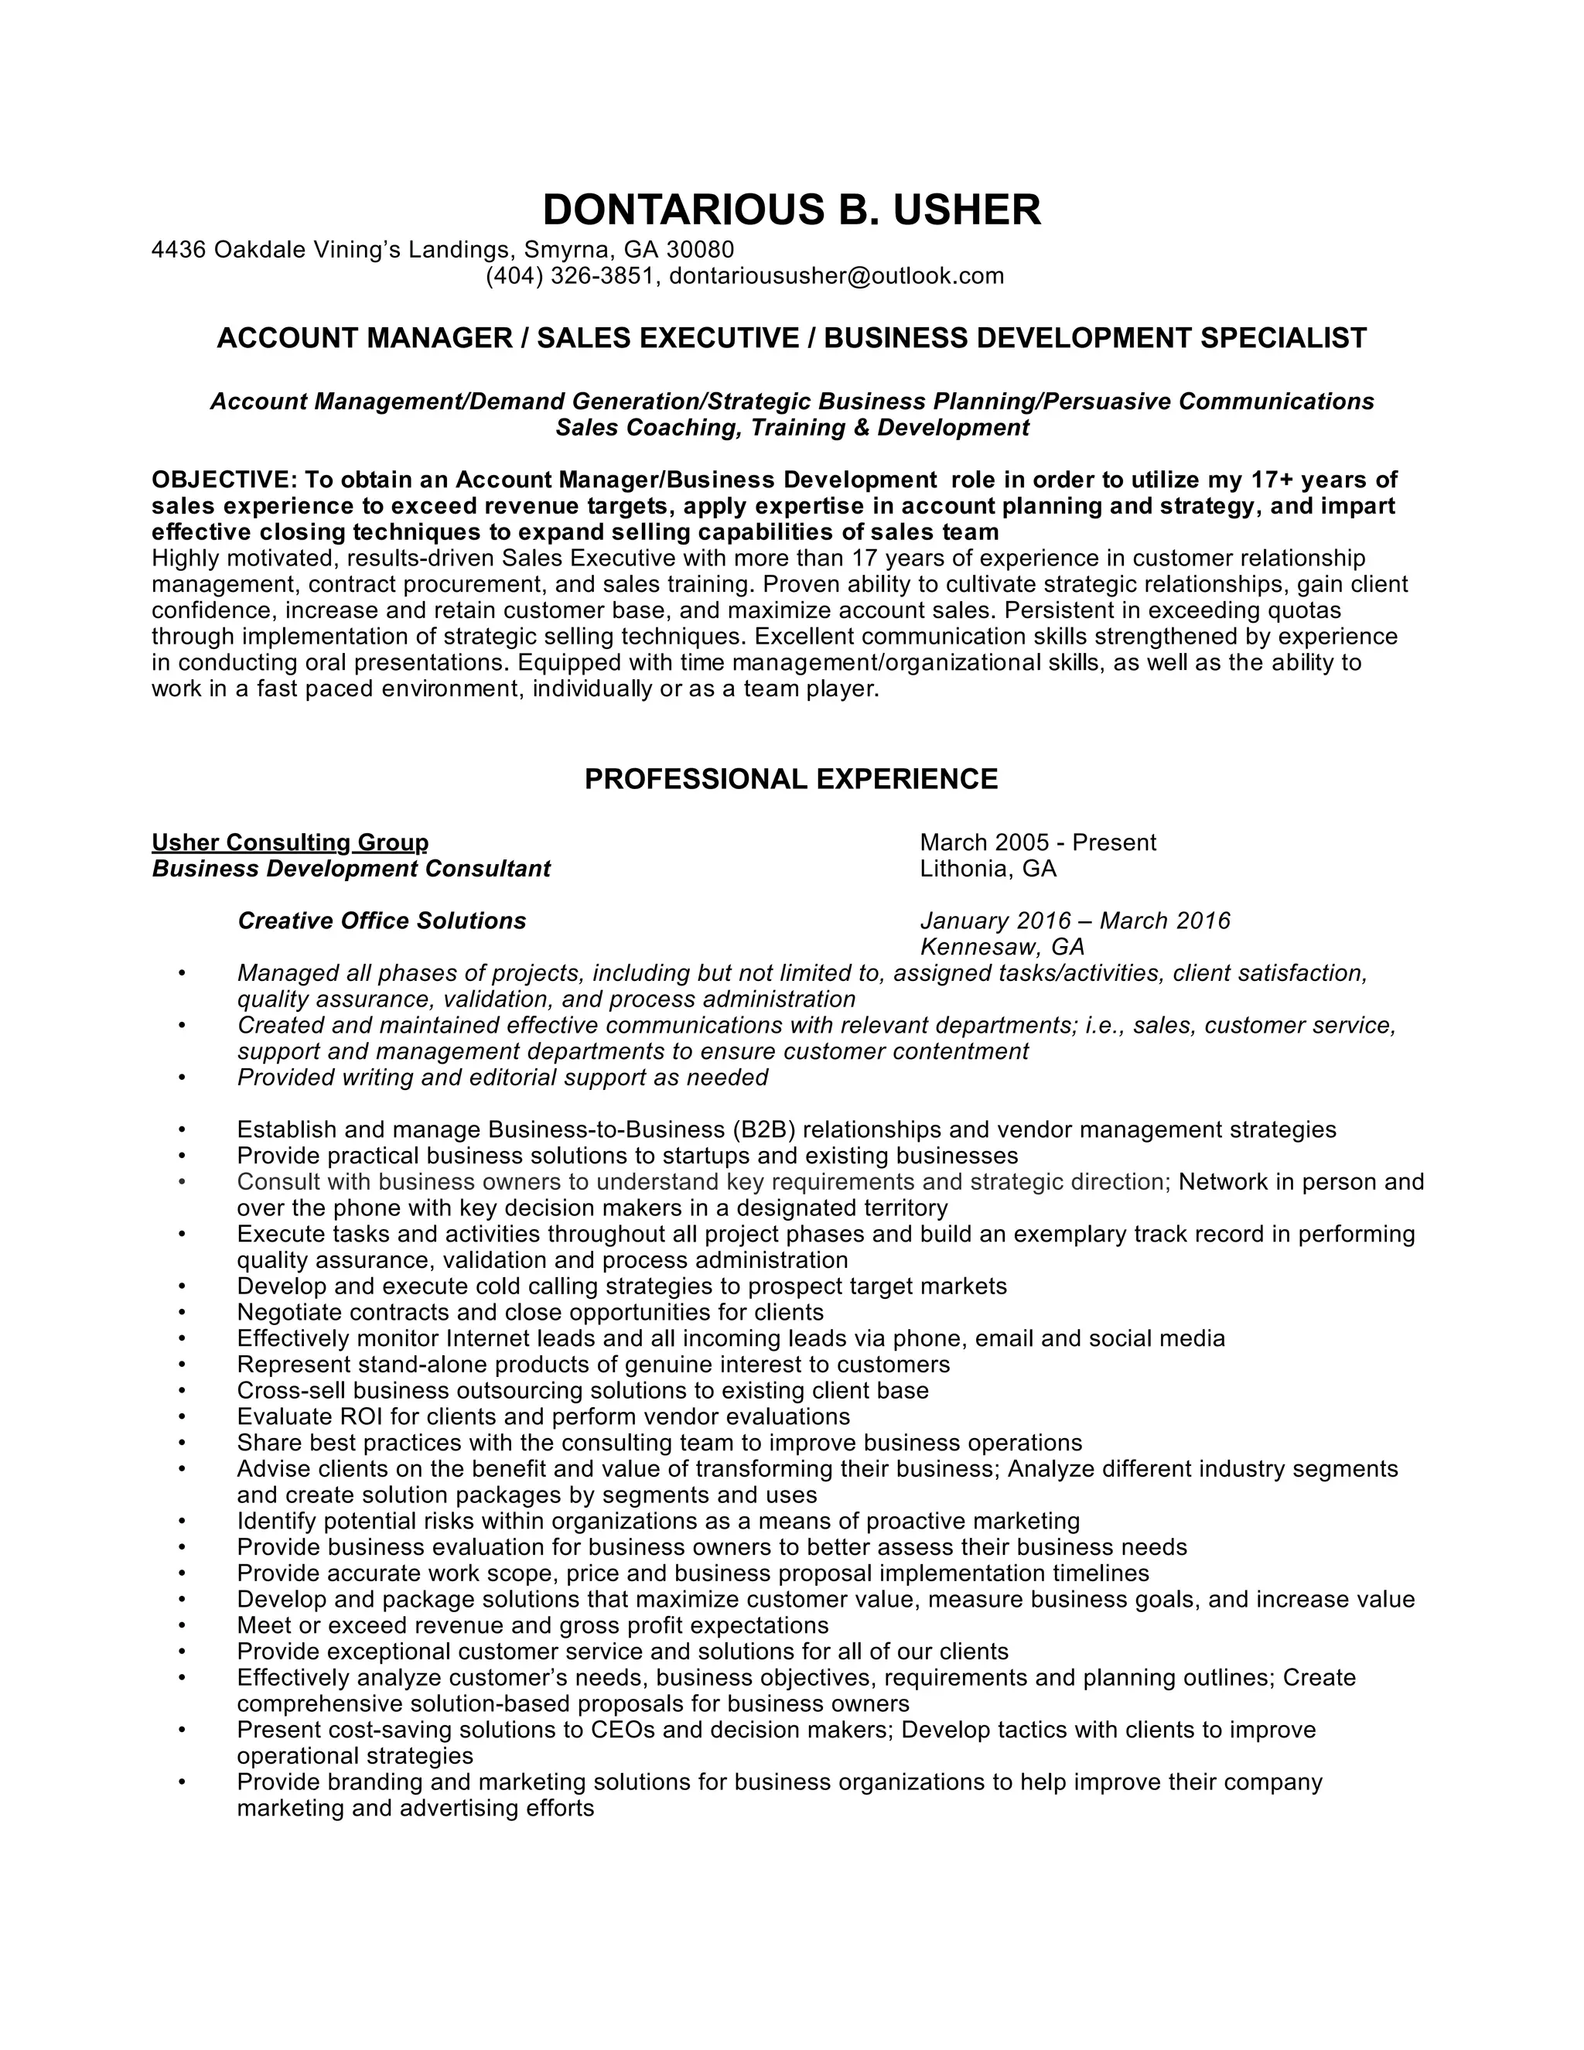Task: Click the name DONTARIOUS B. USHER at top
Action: point(791,210)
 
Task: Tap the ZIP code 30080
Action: point(700,250)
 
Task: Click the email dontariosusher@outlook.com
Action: point(836,276)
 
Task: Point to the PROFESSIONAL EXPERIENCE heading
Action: point(791,779)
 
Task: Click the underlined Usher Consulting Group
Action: point(290,842)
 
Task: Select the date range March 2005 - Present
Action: point(1038,842)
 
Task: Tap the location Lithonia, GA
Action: point(988,868)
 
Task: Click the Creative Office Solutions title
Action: point(382,921)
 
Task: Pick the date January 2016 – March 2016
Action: point(1074,921)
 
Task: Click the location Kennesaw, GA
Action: point(1002,946)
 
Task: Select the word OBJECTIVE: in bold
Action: point(224,480)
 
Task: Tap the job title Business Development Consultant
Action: point(351,868)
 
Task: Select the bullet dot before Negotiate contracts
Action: point(181,1312)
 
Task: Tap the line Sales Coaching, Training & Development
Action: point(792,428)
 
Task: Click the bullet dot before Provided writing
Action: point(181,1078)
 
